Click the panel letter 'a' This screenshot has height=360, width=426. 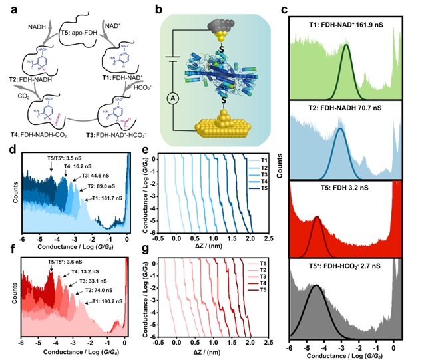point(9,8)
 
